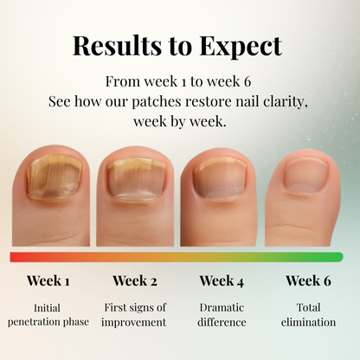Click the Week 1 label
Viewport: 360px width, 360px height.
click(x=48, y=280)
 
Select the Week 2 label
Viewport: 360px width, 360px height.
click(x=135, y=280)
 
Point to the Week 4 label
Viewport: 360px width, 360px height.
click(x=222, y=280)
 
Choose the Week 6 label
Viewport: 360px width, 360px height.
click(x=308, y=280)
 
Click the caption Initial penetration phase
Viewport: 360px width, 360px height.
click(x=48, y=314)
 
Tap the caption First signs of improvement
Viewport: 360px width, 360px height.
click(x=135, y=314)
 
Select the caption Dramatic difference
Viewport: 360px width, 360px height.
click(x=222, y=314)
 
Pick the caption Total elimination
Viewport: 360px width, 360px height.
click(x=308, y=314)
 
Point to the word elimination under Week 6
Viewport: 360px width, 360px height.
click(x=308, y=322)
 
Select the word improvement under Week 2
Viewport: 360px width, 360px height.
click(x=135, y=322)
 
